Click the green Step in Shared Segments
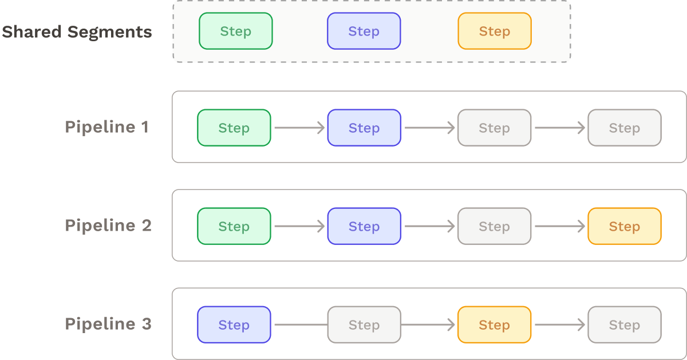point(235,31)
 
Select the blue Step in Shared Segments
point(364,31)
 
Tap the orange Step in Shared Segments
point(494,31)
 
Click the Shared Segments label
point(77,31)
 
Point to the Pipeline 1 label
point(107,127)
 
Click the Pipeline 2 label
point(108,226)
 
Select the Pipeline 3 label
point(108,324)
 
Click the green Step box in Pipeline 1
point(234,128)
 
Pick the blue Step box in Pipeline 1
point(364,128)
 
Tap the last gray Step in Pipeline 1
point(624,128)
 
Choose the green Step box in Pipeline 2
point(234,226)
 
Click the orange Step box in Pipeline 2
point(624,226)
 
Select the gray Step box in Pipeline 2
point(494,226)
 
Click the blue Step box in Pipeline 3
point(234,325)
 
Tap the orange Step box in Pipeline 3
point(494,325)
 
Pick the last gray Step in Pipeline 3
point(624,325)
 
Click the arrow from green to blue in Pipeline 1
point(299,128)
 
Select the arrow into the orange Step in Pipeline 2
point(559,226)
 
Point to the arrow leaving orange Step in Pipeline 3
point(559,325)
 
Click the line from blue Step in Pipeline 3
point(299,325)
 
